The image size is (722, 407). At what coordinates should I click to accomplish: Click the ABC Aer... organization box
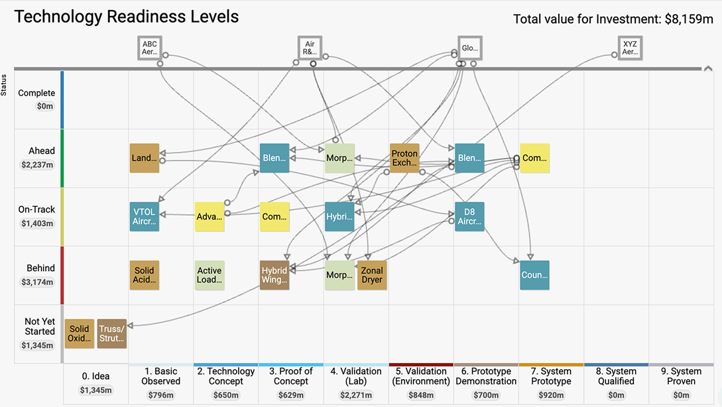(x=150, y=48)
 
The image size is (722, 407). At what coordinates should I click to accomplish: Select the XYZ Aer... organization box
(x=629, y=48)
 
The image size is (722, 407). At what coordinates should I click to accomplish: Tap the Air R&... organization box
(x=310, y=48)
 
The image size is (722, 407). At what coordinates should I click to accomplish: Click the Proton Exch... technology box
(x=404, y=158)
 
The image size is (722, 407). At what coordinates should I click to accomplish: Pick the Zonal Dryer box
(x=372, y=275)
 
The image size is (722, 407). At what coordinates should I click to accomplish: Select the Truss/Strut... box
(x=111, y=333)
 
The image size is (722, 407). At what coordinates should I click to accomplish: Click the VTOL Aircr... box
(x=145, y=217)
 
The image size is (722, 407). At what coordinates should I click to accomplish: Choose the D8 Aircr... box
(x=469, y=217)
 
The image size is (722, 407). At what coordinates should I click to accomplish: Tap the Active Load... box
(x=210, y=275)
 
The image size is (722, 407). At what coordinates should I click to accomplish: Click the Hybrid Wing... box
(x=274, y=275)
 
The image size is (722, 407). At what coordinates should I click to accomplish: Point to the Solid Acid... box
(x=145, y=275)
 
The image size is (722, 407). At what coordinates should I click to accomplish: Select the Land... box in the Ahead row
(x=145, y=158)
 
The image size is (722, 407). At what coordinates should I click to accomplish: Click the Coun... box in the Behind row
(x=534, y=275)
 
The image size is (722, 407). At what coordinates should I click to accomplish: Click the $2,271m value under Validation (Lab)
(x=356, y=396)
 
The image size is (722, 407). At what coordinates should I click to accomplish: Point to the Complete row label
(x=36, y=93)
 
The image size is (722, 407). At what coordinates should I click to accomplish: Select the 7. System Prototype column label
(x=551, y=376)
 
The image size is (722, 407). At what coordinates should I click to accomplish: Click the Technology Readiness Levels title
(x=127, y=17)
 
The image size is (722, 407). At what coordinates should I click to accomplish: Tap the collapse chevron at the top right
(x=708, y=68)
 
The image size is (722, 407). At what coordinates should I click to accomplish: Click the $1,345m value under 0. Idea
(x=95, y=390)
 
